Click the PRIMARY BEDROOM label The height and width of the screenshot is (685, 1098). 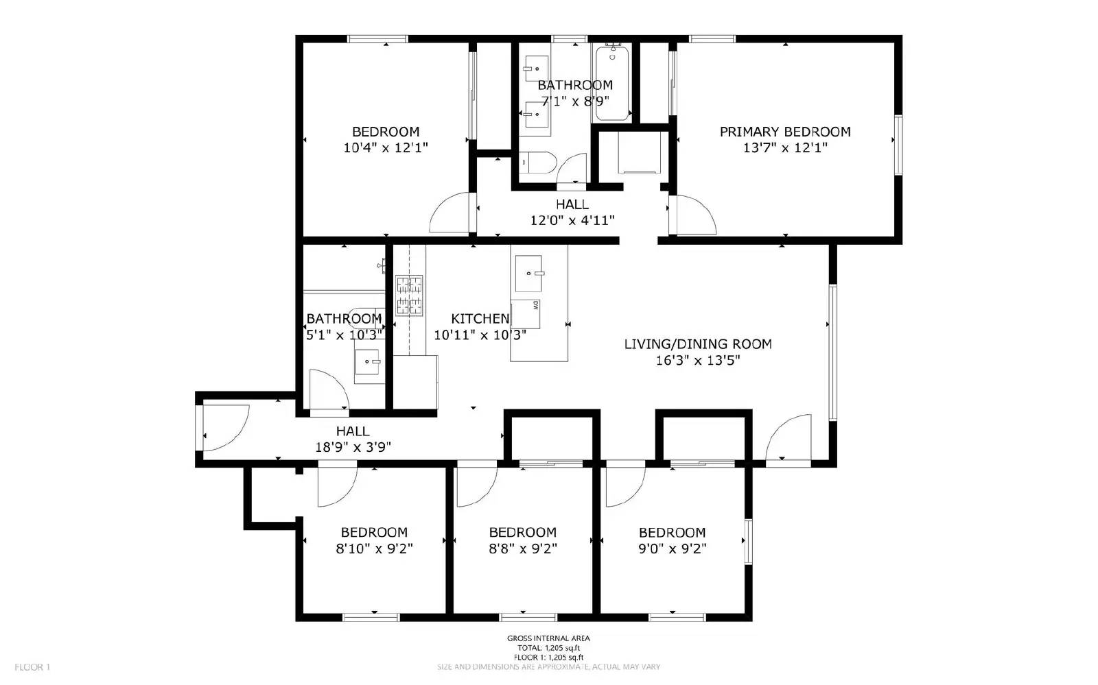click(785, 132)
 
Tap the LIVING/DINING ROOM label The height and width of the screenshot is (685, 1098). click(698, 344)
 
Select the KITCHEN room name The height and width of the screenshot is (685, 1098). click(480, 319)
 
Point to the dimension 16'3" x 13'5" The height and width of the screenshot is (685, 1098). click(698, 361)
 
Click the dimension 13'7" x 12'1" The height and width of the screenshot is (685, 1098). click(785, 147)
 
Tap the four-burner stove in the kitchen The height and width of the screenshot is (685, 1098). click(409, 295)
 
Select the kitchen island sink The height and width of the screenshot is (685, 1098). click(529, 273)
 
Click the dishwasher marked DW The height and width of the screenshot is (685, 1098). click(526, 313)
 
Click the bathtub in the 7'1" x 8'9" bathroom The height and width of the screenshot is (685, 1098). click(613, 82)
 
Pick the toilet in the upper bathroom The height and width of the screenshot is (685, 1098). click(539, 163)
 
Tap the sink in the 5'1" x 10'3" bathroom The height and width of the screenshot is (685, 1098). click(369, 361)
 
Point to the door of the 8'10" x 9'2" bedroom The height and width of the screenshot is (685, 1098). click(336, 484)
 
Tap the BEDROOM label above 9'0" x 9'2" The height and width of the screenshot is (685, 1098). click(672, 533)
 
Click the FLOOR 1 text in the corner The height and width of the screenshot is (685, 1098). click(32, 667)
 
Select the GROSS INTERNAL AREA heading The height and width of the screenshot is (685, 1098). click(548, 638)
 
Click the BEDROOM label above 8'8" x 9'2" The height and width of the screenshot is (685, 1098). click(522, 533)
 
